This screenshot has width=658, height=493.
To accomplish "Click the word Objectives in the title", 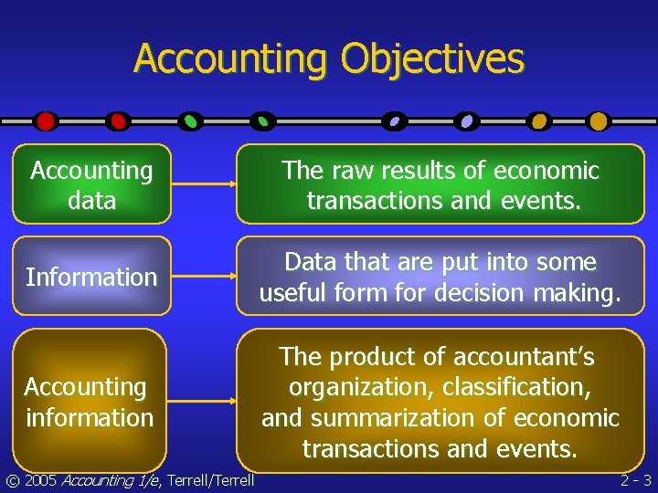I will click(x=432, y=59).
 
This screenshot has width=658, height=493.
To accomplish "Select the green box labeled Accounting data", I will click(x=91, y=184).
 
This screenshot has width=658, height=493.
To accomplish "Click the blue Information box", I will click(x=91, y=277).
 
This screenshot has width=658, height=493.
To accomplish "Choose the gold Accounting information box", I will click(x=90, y=402).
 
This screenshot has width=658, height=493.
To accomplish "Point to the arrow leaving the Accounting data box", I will click(x=204, y=184).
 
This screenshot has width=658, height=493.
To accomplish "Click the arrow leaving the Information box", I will click(x=204, y=277).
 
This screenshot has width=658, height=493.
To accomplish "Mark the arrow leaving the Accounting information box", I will click(x=204, y=402).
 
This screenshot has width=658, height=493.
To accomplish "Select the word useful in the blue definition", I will click(x=296, y=294).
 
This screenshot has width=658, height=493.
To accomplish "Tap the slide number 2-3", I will click(x=635, y=480).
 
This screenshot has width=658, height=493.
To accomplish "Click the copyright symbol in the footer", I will click(x=11, y=480).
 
